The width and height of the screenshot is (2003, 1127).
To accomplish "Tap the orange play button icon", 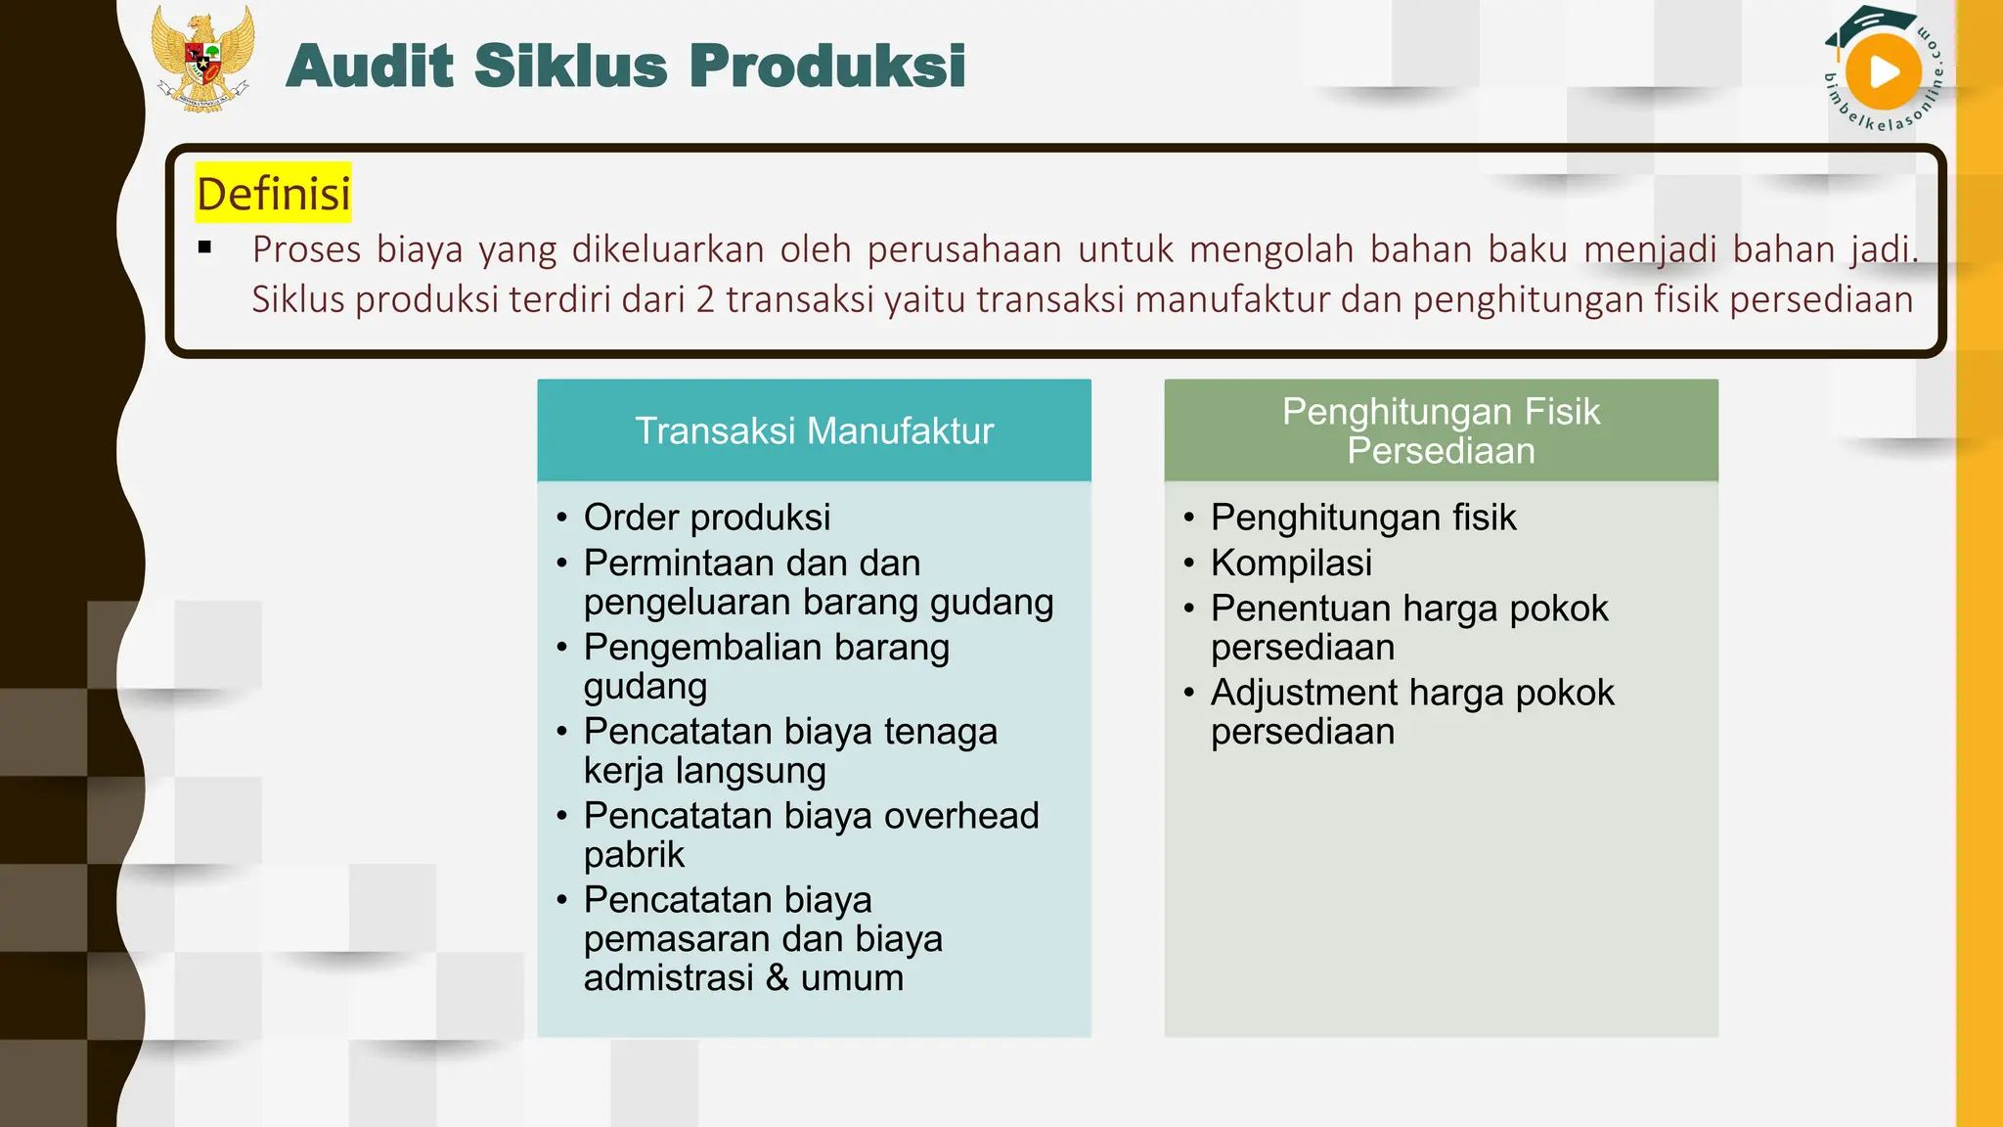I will point(1883,72).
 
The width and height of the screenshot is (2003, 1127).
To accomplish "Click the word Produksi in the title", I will point(826,67).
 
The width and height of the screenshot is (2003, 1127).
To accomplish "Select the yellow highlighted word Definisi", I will point(273,193).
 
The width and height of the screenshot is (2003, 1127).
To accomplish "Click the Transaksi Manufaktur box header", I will point(814,430).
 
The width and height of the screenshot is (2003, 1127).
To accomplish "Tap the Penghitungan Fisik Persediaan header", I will point(1441,430).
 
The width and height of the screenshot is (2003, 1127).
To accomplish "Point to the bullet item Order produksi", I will point(706,518).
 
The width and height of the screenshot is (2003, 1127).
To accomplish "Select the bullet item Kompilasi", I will point(1291,563).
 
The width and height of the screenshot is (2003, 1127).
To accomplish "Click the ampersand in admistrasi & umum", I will point(778,977).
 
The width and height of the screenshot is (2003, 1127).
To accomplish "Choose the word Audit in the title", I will point(370,67).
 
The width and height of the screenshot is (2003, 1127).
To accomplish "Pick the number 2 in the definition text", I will point(705,299).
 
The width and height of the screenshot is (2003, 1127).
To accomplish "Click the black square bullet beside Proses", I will point(204,248).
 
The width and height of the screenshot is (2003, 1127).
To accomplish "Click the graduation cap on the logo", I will point(1863,24).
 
